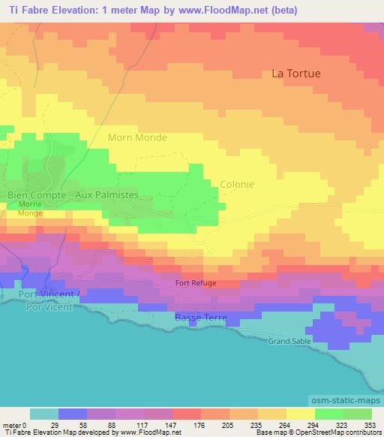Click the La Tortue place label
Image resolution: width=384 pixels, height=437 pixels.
click(x=295, y=74)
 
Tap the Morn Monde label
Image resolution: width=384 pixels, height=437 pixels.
click(x=137, y=138)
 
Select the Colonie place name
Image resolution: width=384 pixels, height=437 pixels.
click(x=237, y=184)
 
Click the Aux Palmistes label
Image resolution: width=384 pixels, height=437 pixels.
click(x=106, y=194)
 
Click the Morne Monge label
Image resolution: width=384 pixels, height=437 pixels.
click(x=30, y=209)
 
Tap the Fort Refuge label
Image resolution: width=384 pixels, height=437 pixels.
click(x=196, y=283)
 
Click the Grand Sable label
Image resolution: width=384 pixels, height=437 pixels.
click(x=289, y=341)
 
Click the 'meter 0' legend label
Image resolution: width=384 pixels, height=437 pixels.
click(x=13, y=425)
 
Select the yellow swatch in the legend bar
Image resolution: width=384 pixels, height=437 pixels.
click(x=300, y=414)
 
